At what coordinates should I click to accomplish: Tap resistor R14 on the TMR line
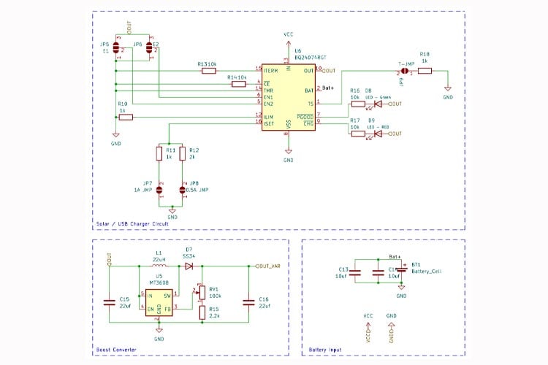[238, 84]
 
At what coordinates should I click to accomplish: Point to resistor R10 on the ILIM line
[126, 117]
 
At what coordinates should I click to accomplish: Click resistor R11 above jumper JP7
[159, 153]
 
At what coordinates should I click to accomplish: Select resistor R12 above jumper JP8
[183, 153]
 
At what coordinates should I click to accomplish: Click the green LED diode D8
[378, 104]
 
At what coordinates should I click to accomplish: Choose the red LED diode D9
[378, 134]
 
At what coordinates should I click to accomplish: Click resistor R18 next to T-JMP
[425, 71]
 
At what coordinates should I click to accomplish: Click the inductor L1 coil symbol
[159, 266]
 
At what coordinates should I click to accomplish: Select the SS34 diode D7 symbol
[189, 266]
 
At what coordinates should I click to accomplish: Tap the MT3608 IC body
[159, 302]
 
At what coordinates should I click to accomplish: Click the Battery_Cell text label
[427, 271]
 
